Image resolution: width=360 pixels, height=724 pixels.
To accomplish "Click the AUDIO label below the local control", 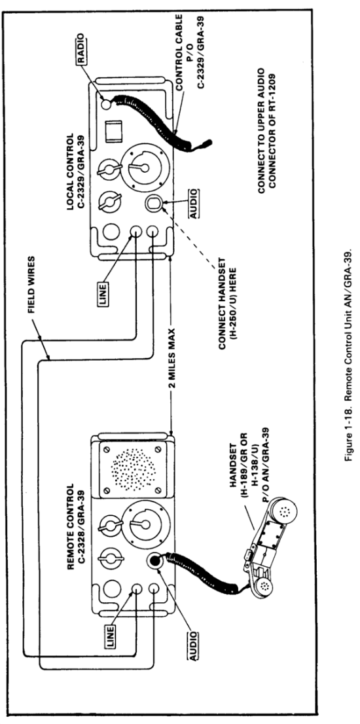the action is pos(194,203).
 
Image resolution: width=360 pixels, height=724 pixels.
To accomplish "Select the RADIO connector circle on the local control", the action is pos(105,104).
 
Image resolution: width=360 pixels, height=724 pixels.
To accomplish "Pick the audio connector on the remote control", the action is pos(154,561).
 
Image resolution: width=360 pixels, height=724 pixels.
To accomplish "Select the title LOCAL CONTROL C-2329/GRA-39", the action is pos(75,172).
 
